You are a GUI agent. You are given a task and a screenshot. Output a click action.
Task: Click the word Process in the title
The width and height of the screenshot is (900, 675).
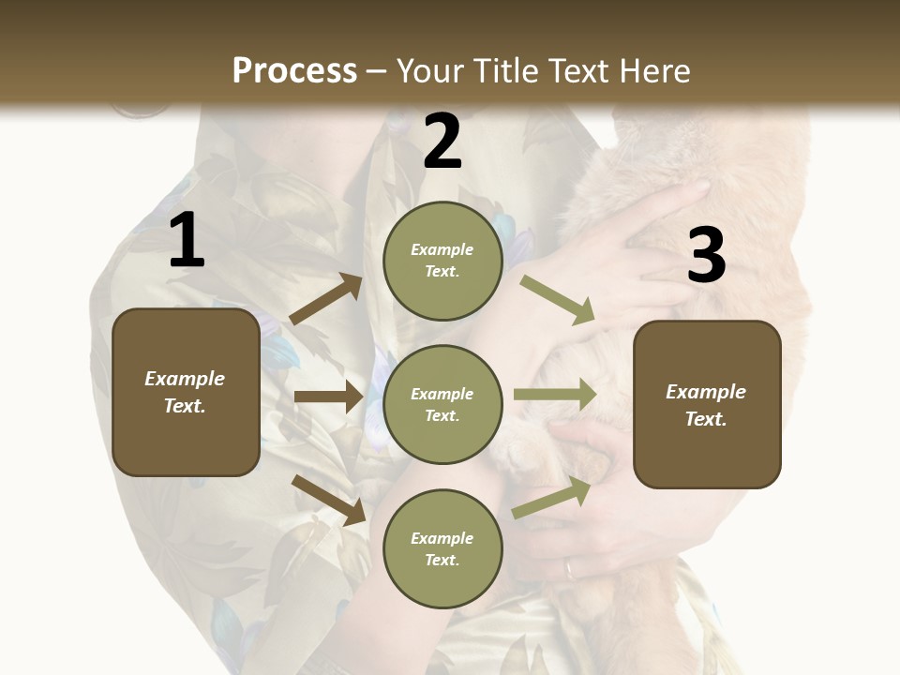294,70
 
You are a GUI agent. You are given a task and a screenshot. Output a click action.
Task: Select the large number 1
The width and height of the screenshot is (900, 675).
187,241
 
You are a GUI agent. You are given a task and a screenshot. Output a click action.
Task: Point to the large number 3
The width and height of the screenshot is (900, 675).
706,255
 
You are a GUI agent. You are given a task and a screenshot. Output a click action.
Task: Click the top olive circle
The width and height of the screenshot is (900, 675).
442,261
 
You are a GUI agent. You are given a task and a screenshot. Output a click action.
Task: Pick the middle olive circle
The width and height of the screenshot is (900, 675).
442,404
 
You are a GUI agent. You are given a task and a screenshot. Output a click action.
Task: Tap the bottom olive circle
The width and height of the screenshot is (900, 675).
442,548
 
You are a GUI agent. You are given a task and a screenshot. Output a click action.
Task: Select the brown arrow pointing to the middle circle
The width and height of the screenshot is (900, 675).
328,397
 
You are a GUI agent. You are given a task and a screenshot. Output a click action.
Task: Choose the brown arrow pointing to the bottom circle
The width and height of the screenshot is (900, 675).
328,499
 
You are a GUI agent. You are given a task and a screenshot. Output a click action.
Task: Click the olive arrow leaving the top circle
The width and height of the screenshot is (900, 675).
558,299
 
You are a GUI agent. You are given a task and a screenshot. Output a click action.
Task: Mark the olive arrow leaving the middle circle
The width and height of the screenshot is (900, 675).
555,395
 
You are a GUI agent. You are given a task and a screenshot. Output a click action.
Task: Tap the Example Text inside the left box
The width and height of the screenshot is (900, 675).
185,392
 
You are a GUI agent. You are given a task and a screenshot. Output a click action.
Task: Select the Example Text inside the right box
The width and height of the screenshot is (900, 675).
706,405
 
